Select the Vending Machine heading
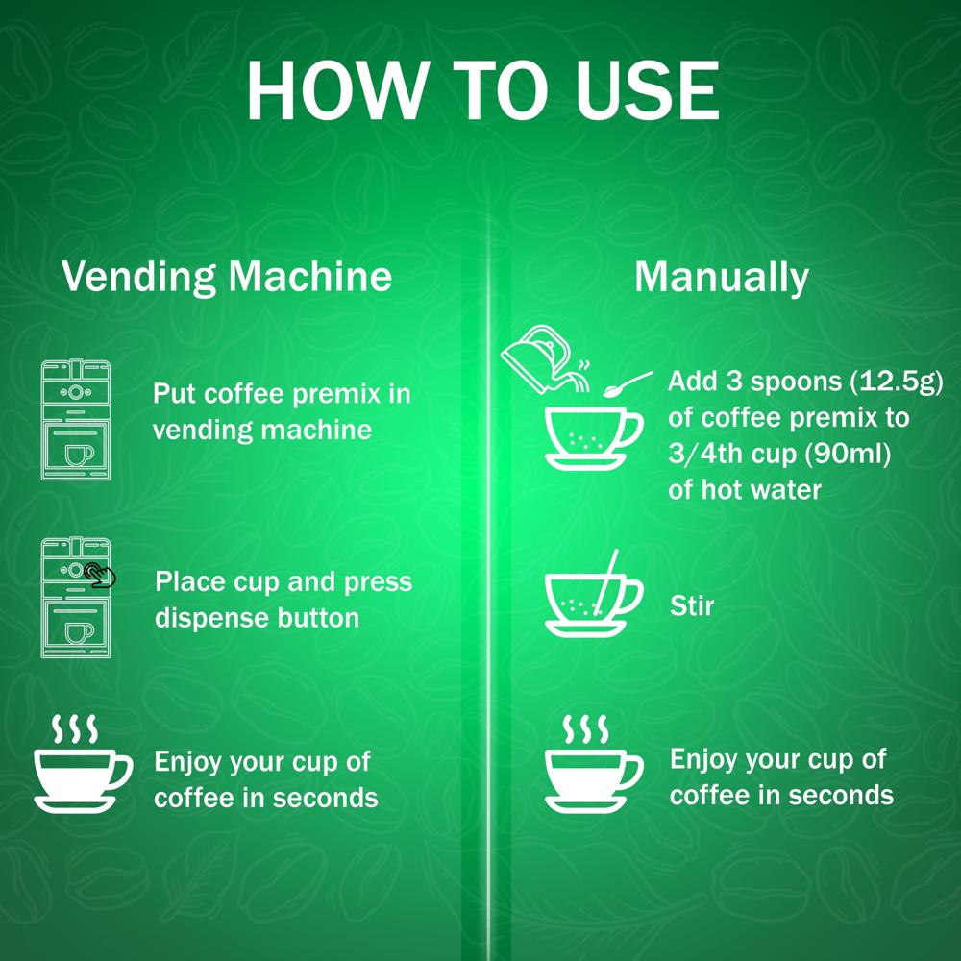click(x=227, y=277)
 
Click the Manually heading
click(x=722, y=278)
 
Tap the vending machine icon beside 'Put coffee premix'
click(x=76, y=420)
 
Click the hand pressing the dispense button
click(x=100, y=575)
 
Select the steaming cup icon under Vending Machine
click(x=83, y=763)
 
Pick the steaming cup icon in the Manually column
click(x=593, y=763)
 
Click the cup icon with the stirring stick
click(x=593, y=595)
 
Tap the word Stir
click(x=692, y=605)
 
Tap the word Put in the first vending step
click(x=174, y=393)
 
